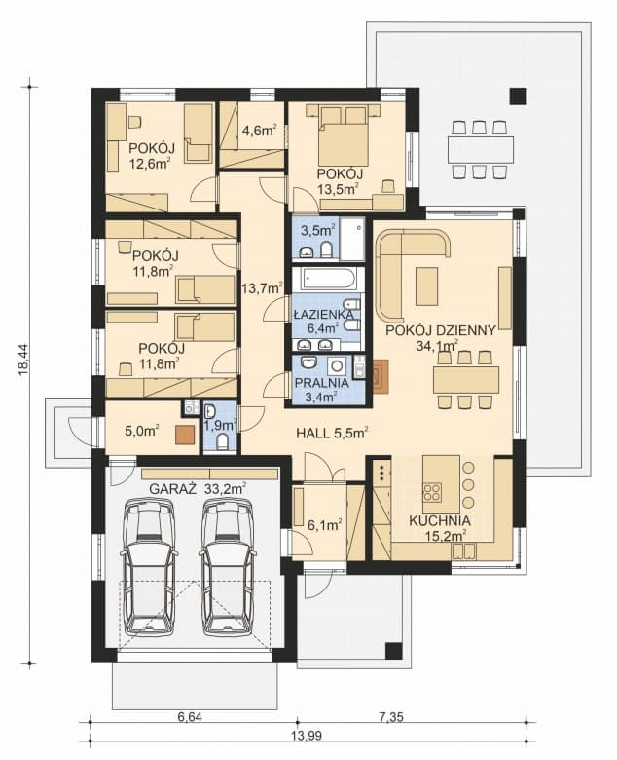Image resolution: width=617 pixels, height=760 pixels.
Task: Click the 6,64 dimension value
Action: click(190, 717)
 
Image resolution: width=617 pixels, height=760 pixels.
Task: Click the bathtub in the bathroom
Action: click(325, 280)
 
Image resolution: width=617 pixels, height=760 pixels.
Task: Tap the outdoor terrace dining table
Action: click(480, 149)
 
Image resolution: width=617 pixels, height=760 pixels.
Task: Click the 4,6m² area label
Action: click(258, 129)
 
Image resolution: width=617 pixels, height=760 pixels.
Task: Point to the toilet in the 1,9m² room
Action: click(224, 440)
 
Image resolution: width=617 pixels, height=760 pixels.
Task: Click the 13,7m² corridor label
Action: click(261, 287)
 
